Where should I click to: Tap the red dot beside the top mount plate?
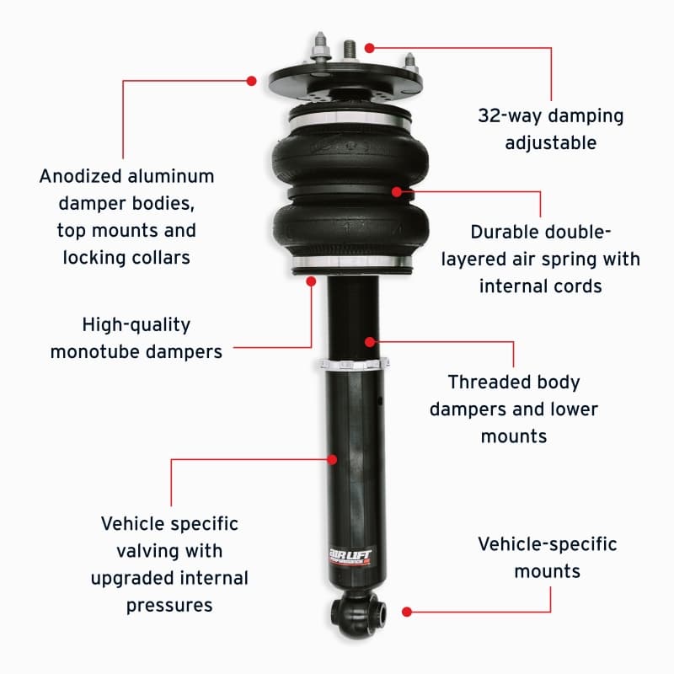251,81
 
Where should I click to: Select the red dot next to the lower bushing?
407,611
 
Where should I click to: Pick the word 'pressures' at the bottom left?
169,605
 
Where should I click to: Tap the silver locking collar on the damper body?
355,364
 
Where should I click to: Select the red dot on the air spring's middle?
396,191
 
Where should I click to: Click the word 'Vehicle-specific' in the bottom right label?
547,544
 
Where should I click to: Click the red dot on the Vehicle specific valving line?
334,459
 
